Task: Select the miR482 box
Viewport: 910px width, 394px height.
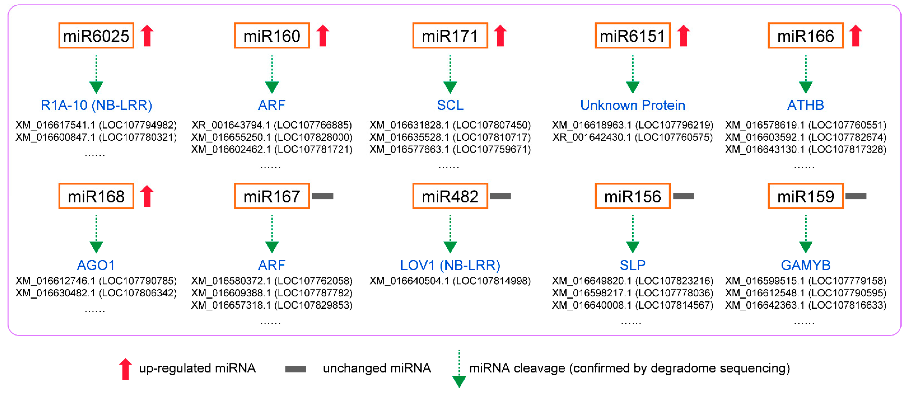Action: pos(450,196)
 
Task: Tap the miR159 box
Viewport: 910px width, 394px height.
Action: pos(806,196)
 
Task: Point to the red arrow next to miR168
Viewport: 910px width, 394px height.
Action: pos(147,196)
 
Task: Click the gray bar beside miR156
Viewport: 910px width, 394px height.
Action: pos(684,196)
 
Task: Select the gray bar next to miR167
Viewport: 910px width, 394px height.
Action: pos(323,196)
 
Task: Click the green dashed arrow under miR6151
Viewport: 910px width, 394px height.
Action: pos(633,74)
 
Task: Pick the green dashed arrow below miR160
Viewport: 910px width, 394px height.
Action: pos(272,74)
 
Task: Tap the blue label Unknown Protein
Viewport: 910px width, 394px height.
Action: pos(633,105)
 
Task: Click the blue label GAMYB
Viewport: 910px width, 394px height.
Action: pos(806,265)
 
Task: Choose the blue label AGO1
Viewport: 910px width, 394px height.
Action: pos(96,265)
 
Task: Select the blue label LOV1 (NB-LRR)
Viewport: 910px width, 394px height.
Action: pos(450,265)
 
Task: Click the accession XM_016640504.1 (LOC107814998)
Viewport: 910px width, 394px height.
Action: pos(450,281)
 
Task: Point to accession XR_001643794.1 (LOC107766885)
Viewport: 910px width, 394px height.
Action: pos(272,125)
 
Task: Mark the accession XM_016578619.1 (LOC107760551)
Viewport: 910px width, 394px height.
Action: pos(806,125)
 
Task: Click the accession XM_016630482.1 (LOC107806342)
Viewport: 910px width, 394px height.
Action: pos(96,293)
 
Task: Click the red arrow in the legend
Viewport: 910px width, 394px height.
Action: pos(125,369)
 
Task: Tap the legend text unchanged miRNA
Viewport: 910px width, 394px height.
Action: pos(377,368)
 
